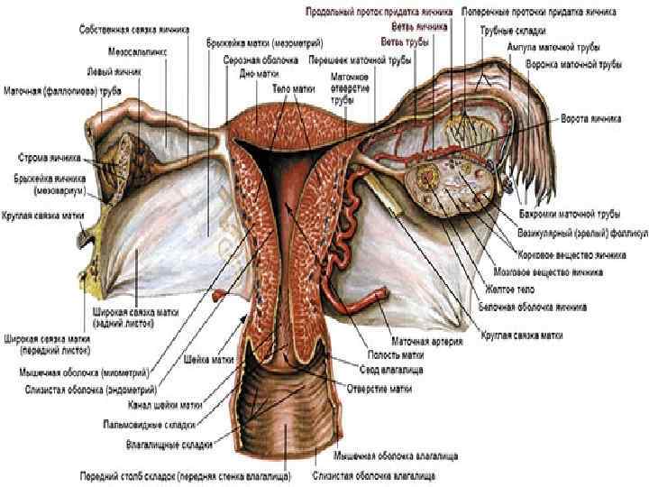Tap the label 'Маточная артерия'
pyautogui.click(x=428, y=342)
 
